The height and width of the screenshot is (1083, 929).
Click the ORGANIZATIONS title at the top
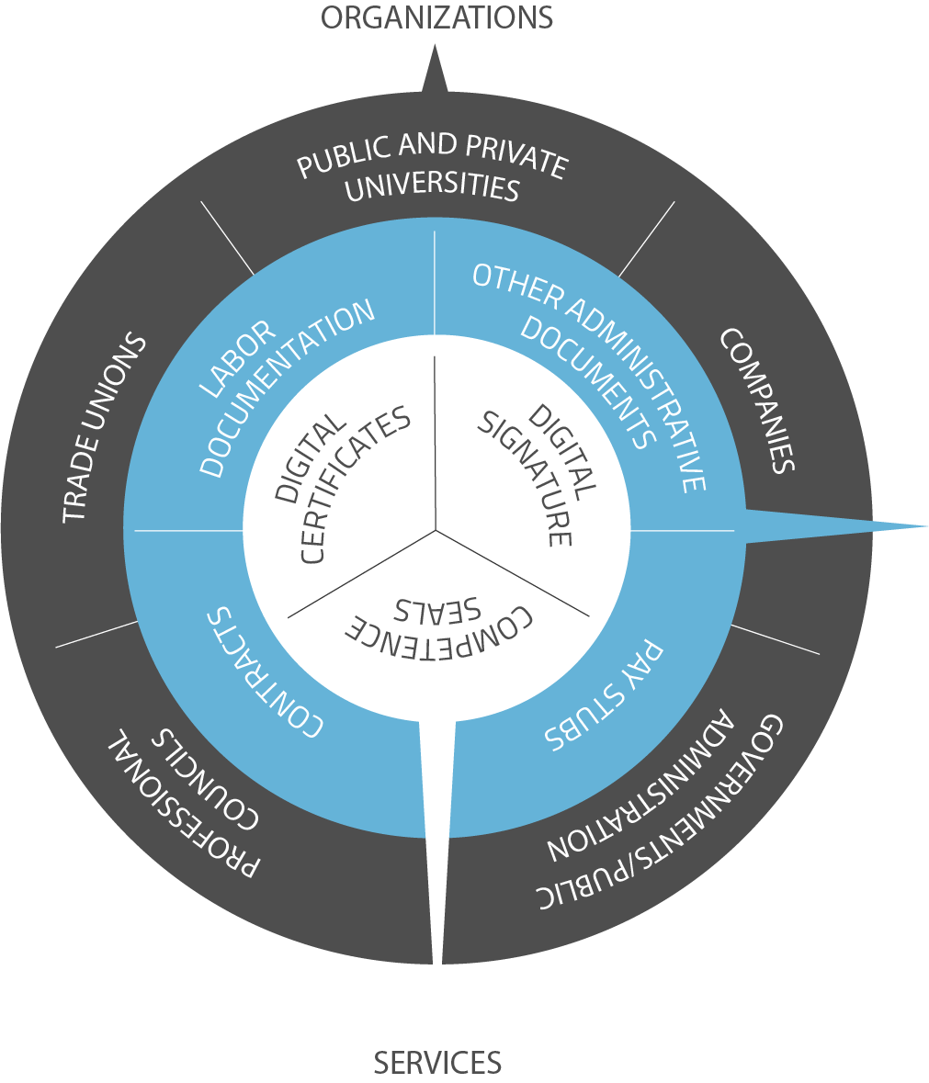436,17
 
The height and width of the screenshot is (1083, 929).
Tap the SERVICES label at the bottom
437,1063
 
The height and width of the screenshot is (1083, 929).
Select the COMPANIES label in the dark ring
756,400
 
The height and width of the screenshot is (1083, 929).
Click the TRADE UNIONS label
104,428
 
